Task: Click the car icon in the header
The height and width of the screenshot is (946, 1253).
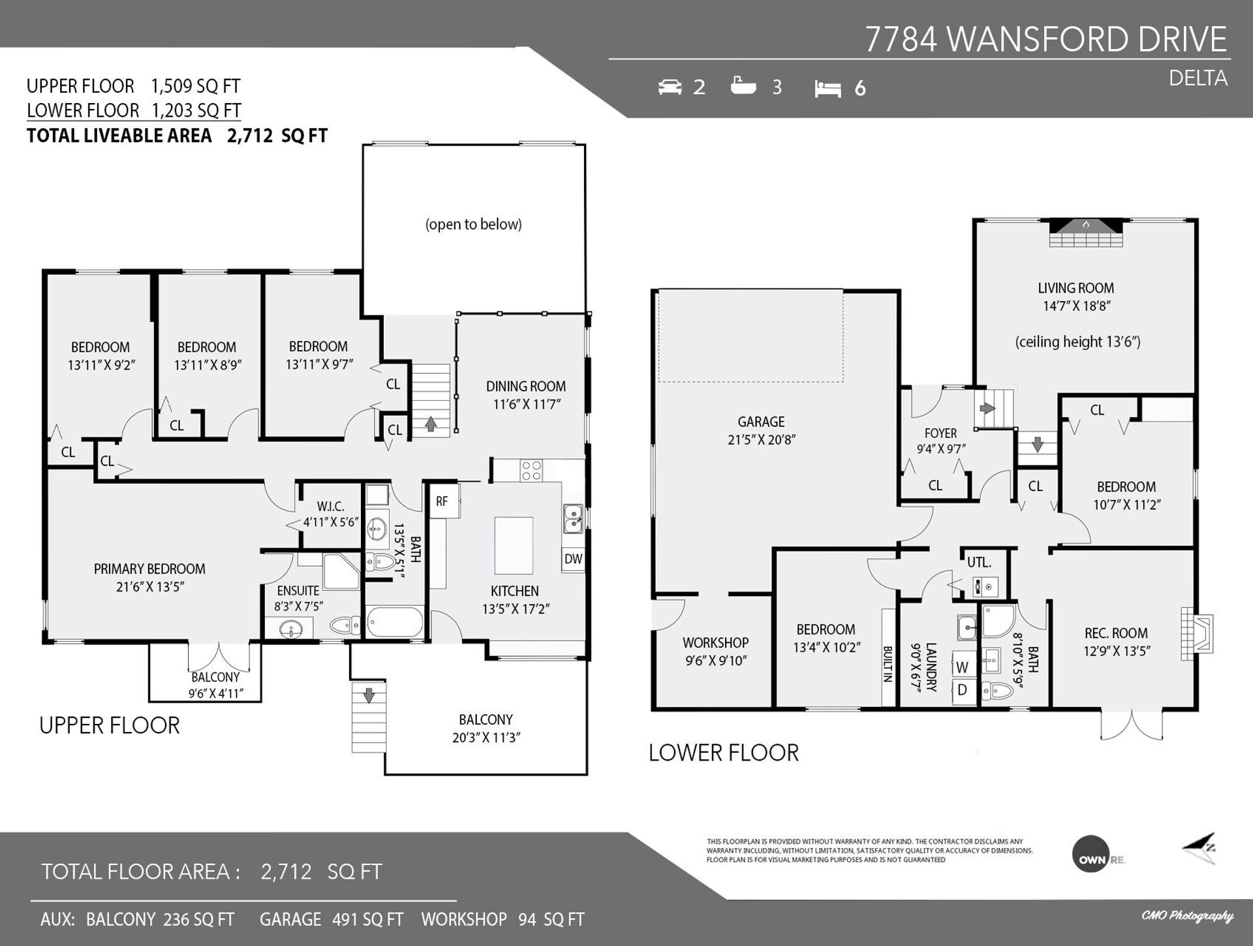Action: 670,87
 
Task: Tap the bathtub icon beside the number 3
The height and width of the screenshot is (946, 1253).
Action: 743,86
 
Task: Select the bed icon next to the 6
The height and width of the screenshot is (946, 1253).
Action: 828,89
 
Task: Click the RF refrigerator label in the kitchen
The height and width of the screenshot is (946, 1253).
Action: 442,501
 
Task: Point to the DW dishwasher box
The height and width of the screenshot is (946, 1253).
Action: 573,560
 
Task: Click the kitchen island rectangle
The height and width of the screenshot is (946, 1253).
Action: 514,544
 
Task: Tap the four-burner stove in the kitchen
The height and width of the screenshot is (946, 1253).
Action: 531,471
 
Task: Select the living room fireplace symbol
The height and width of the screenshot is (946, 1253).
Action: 1086,232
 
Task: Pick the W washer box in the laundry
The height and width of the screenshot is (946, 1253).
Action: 963,667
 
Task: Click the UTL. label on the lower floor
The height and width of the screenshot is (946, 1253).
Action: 979,562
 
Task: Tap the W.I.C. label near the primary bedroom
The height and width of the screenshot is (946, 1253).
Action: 330,507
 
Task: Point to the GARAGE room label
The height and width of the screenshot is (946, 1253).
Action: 761,422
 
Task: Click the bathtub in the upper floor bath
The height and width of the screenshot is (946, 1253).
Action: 395,623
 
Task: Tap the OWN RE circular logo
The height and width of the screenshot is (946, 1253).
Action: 1091,853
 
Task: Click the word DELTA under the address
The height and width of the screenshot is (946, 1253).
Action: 1198,79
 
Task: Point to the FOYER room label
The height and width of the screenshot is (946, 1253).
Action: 940,434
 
